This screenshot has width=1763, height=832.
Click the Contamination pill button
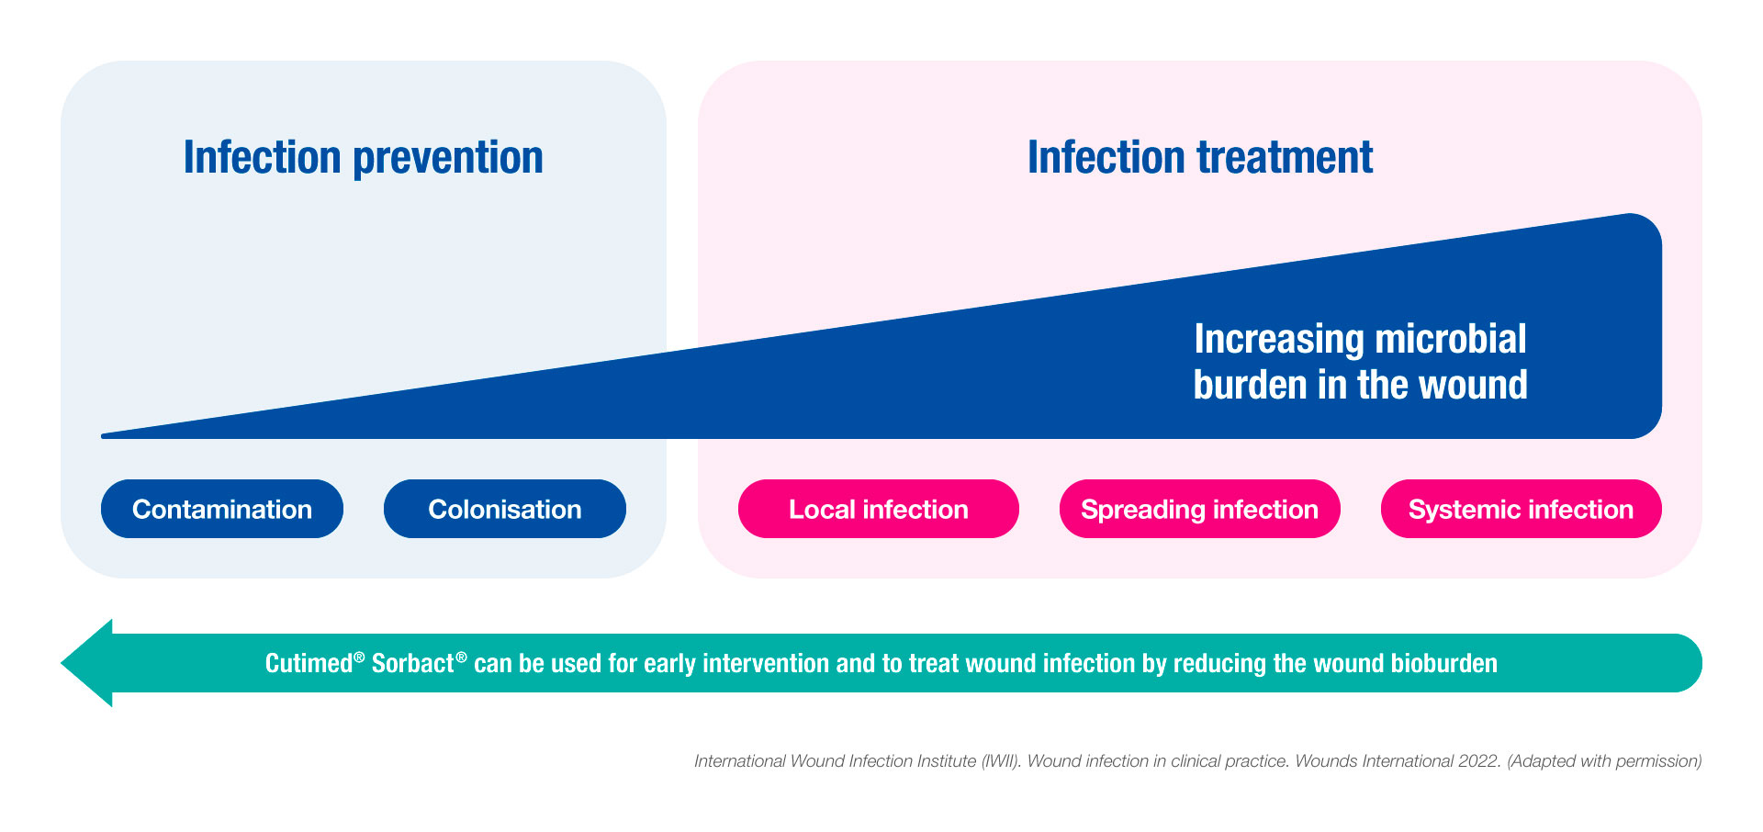pos(221,509)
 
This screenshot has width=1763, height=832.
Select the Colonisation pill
pos(504,509)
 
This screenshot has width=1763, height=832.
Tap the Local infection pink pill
pos(878,509)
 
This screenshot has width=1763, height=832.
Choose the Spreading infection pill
pos(1199,509)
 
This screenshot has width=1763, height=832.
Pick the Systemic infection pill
pos(1521,509)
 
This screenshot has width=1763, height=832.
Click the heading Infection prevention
pos(363,157)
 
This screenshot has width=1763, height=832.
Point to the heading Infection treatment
pos(1199,157)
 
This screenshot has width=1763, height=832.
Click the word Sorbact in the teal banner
pos(412,663)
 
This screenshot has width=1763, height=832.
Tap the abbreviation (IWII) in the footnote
pos(1000,761)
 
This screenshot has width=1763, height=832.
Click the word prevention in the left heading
pos(448,157)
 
